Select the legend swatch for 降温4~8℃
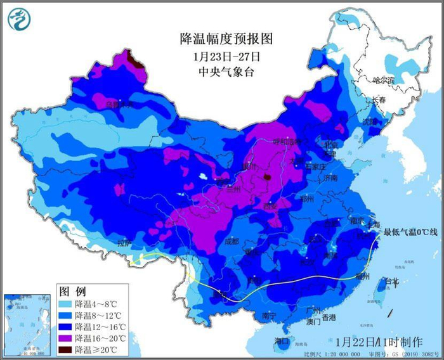[65, 305]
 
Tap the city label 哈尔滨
[384, 80]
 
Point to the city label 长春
[379, 101]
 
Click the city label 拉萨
[124, 243]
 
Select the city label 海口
[282, 341]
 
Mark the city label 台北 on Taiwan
[395, 281]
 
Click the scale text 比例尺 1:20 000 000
[323, 354]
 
